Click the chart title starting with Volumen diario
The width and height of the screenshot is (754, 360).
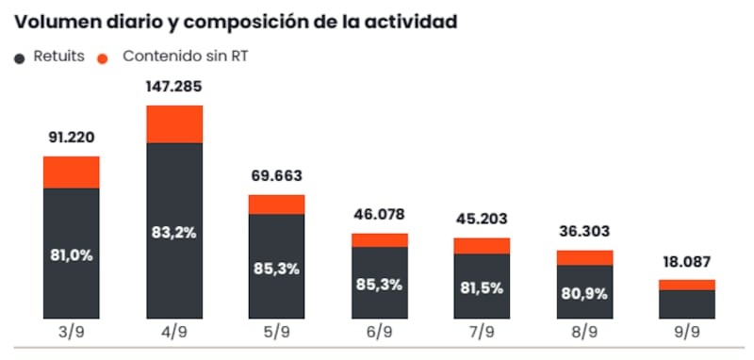pyautogui.click(x=237, y=23)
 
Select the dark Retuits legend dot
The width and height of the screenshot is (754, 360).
pyautogui.click(x=20, y=59)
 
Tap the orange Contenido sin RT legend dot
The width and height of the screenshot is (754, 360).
pyautogui.click(x=103, y=59)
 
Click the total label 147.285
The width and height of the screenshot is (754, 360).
pyautogui.click(x=174, y=87)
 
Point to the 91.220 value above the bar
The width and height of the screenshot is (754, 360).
pyautogui.click(x=72, y=138)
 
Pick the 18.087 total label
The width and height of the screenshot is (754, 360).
pyautogui.click(x=687, y=262)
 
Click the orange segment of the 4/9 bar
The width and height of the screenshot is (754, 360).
pyautogui.click(x=174, y=124)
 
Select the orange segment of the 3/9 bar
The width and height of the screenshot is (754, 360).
pyautogui.click(x=72, y=172)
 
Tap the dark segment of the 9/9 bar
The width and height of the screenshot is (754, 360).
pyautogui.click(x=687, y=304)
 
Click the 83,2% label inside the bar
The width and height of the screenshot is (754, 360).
pyautogui.click(x=174, y=233)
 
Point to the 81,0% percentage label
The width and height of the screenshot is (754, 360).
pyautogui.click(x=72, y=255)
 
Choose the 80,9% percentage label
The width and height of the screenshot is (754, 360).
pyautogui.click(x=584, y=294)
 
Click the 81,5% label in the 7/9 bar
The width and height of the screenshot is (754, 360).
pyautogui.click(x=482, y=288)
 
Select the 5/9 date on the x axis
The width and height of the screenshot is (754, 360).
pyautogui.click(x=276, y=333)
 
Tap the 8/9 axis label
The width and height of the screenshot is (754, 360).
pyautogui.click(x=584, y=333)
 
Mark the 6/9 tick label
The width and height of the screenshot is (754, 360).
pyautogui.click(x=380, y=333)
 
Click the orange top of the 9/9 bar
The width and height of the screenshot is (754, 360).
pyautogui.click(x=687, y=285)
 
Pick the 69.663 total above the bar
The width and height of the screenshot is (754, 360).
pyautogui.click(x=276, y=176)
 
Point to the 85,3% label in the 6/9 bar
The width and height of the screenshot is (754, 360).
pyautogui.click(x=380, y=285)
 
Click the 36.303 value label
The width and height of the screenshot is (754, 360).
pyautogui.click(x=584, y=232)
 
